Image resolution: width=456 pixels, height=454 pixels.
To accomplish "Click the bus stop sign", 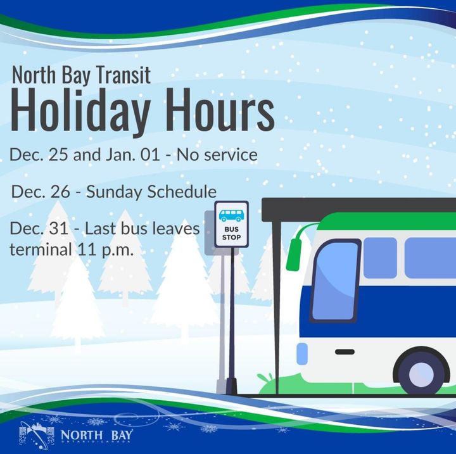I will [231, 224].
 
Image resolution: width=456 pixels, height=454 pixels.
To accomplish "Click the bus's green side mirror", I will [293, 253].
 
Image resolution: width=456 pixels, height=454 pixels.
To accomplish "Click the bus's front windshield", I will [334, 280].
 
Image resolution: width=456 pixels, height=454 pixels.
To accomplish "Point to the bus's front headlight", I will [302, 353].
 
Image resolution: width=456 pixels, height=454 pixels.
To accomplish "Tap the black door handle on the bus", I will [345, 351].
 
